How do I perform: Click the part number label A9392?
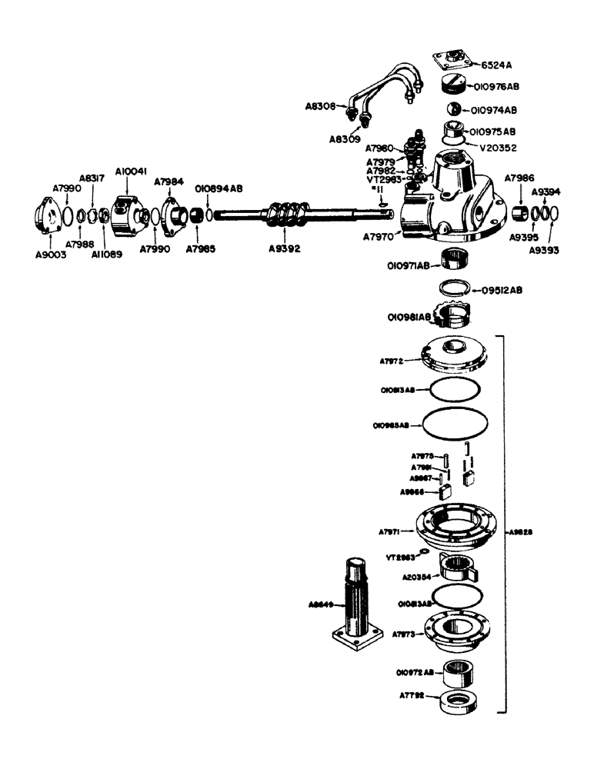(285, 248)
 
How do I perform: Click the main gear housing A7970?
(454, 192)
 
